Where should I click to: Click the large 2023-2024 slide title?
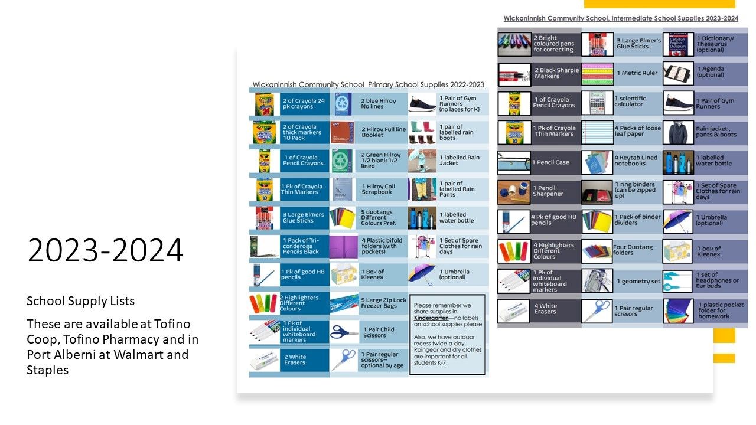105,251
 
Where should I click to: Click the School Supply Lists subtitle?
80,301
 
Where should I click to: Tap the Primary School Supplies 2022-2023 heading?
368,84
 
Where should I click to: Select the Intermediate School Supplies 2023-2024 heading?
621,18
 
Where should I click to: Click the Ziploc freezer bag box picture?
344,304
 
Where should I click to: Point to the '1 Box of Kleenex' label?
373,274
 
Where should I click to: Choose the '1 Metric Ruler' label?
636,73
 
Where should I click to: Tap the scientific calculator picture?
597,103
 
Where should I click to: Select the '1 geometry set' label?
638,282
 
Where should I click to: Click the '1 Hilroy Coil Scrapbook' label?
378,189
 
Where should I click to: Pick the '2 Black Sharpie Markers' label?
556,73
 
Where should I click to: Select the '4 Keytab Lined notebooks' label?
637,161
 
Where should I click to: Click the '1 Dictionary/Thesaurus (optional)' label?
715,44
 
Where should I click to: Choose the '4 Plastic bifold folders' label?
382,246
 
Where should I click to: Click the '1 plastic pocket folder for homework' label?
717,310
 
